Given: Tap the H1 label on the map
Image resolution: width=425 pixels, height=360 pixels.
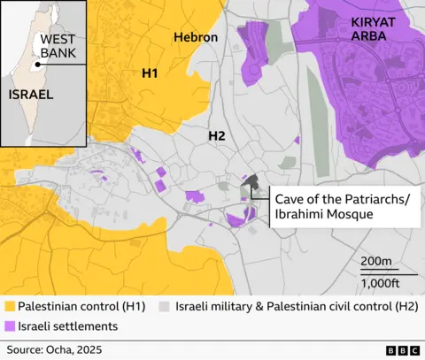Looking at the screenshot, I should click(150, 74).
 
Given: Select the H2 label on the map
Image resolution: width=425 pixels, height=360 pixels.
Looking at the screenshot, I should click(217, 136).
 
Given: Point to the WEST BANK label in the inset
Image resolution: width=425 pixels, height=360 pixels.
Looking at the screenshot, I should click(58, 47).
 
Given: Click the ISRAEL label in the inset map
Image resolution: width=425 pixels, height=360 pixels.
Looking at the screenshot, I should click(31, 93).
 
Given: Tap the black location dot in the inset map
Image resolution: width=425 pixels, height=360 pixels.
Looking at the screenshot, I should click(37, 64).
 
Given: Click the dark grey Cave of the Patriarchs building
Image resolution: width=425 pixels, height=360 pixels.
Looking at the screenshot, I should click(251, 183).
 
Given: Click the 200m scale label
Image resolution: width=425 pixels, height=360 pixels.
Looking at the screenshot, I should click(377, 261).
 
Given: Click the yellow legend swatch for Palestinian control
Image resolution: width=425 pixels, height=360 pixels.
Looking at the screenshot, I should click(10, 306).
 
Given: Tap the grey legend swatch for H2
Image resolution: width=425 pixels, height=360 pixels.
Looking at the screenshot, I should click(164, 306).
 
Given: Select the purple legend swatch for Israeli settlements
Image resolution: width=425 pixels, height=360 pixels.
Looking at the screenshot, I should click(10, 326).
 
